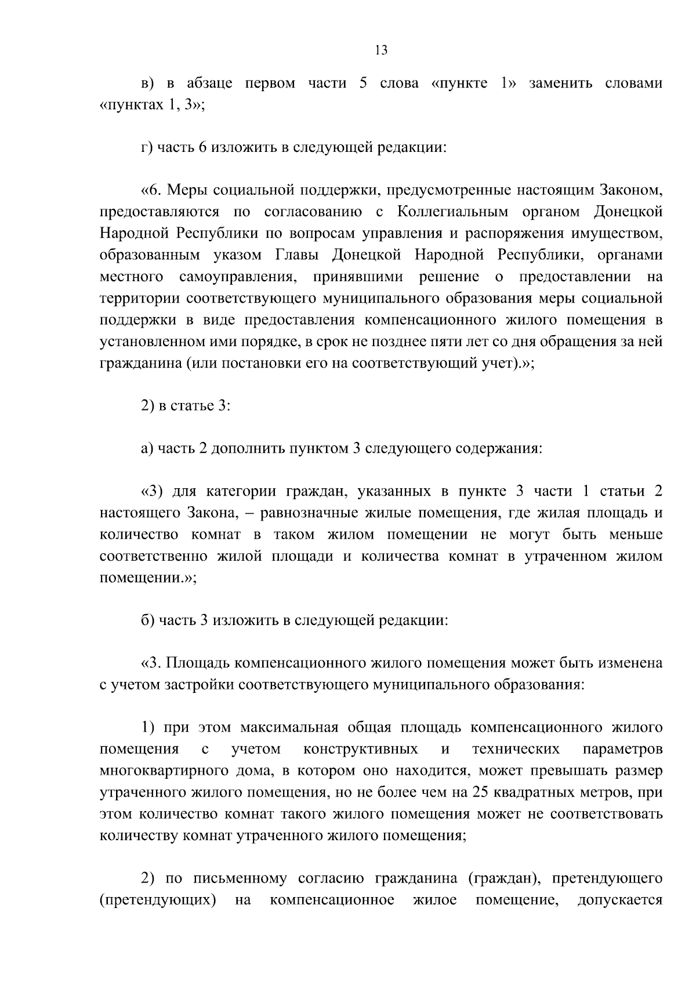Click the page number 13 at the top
[x=381, y=50]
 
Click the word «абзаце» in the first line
[x=209, y=83]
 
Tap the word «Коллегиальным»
[x=452, y=212]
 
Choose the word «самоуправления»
[x=238, y=277]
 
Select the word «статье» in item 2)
[x=191, y=406]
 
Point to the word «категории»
[x=242, y=492]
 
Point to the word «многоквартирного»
[x=164, y=771]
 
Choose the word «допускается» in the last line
[x=620, y=900]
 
